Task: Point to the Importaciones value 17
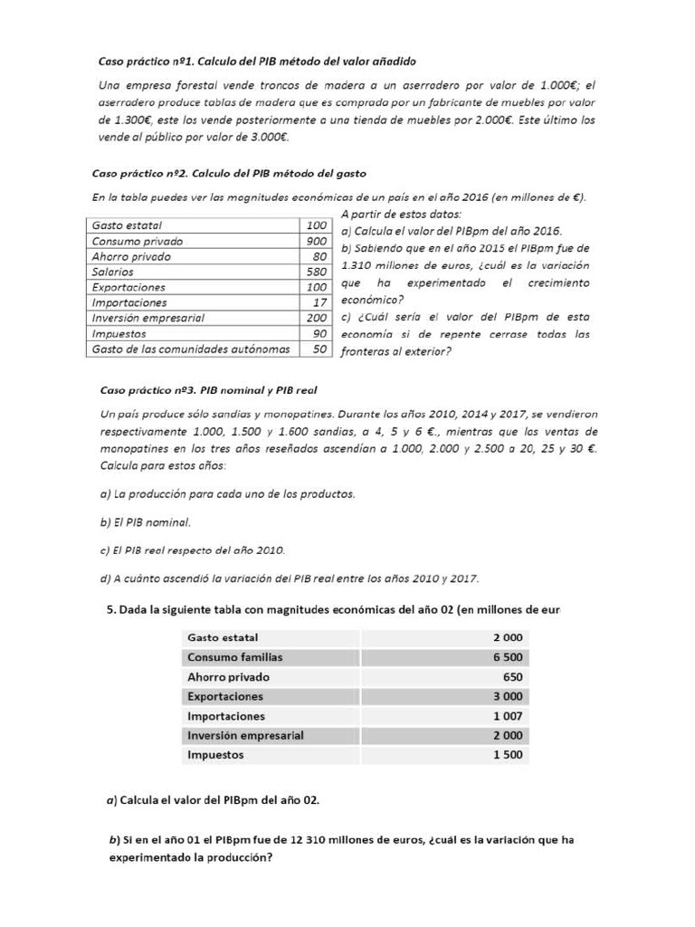click(x=319, y=302)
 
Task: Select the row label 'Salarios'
click(x=113, y=272)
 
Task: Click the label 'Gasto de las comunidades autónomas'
click(x=191, y=349)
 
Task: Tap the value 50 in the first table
click(x=319, y=349)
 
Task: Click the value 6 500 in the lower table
click(x=507, y=657)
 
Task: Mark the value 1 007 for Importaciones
click(x=507, y=716)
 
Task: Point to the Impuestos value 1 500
click(x=507, y=755)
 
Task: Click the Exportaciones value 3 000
click(x=507, y=696)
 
